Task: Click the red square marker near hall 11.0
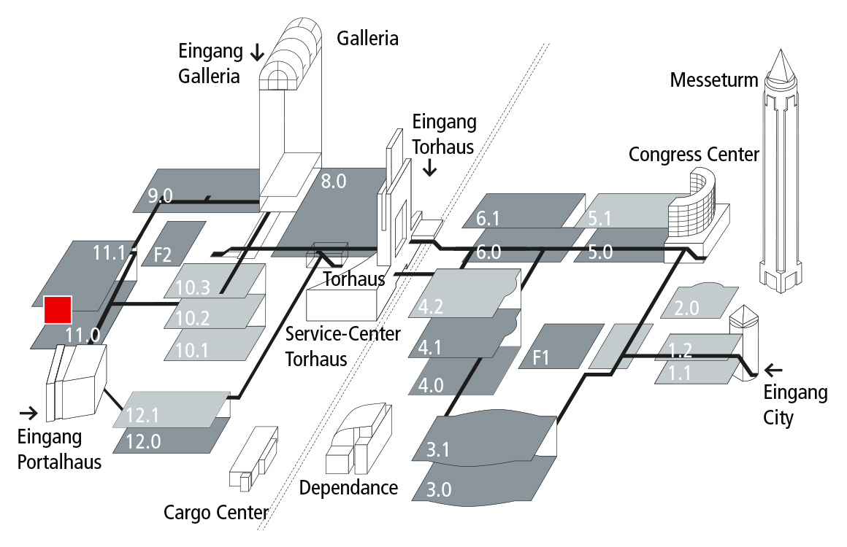(x=58, y=309)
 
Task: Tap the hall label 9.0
(x=160, y=195)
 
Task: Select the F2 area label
(x=162, y=255)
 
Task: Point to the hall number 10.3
(x=193, y=287)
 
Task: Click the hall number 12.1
(x=142, y=416)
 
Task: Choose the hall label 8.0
(x=333, y=182)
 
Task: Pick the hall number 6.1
(x=488, y=217)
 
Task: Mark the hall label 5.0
(x=600, y=253)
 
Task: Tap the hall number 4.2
(x=432, y=306)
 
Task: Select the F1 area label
(x=541, y=358)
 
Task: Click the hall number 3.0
(x=438, y=489)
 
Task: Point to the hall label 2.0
(x=686, y=308)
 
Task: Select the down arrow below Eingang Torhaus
(x=430, y=168)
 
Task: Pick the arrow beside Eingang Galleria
(x=257, y=52)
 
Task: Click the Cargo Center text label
(x=215, y=513)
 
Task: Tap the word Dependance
(x=348, y=487)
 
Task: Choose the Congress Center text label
(x=694, y=155)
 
